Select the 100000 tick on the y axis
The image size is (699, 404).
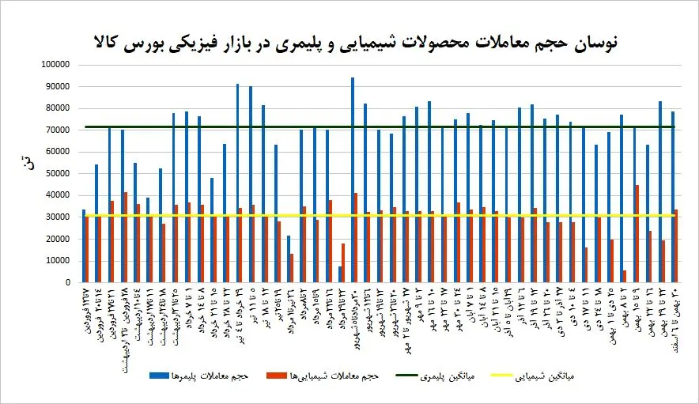pos(55,65)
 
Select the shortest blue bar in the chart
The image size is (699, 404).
pos(340,274)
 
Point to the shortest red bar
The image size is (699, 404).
pos(625,277)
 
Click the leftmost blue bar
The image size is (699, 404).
pos(84,246)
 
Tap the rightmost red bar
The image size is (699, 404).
pos(676,246)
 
